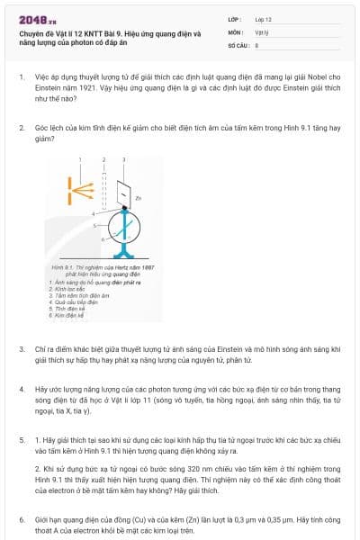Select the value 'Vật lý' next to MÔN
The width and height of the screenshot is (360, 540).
262,31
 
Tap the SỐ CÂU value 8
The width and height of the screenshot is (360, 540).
257,44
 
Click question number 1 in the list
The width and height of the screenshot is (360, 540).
22,78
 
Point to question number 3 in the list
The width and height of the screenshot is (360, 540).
22,347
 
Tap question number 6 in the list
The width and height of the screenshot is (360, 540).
22,520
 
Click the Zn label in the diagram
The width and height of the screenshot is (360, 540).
138,197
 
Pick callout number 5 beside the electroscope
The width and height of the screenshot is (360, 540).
94,226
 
